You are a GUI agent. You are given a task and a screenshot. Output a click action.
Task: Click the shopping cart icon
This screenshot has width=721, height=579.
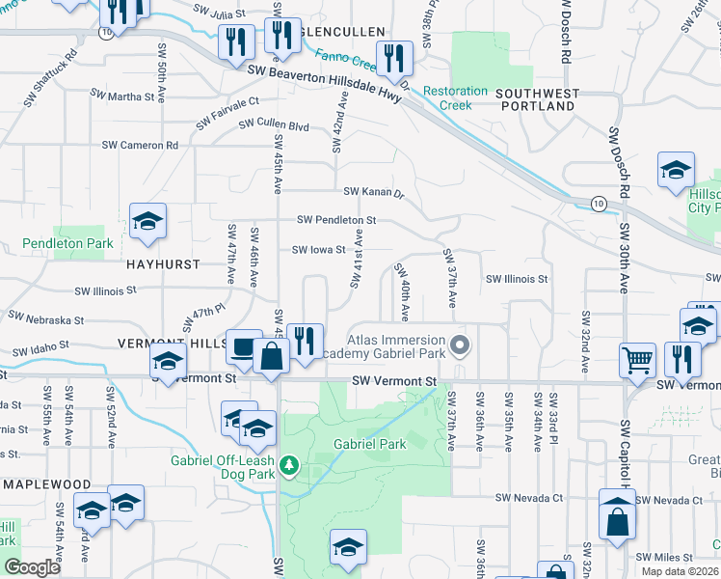click(x=637, y=361)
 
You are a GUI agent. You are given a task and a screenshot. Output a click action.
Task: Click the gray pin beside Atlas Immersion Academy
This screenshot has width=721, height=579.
click(x=461, y=345)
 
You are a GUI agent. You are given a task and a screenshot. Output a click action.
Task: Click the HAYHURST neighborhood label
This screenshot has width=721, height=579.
click(x=161, y=263)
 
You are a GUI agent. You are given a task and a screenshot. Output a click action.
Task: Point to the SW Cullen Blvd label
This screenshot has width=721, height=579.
click(x=274, y=125)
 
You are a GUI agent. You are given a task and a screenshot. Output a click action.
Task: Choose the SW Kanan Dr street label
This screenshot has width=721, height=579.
click(x=371, y=192)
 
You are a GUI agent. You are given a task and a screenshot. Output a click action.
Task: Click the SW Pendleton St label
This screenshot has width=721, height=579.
click(x=335, y=220)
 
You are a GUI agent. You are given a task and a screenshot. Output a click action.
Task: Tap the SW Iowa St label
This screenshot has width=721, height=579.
click(x=318, y=250)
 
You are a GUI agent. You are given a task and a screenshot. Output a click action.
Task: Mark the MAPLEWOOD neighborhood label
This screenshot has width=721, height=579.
click(x=47, y=483)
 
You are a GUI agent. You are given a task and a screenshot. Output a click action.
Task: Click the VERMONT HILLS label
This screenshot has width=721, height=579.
click(x=164, y=344)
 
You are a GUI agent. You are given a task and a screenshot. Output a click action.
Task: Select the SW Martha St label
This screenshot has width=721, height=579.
click(x=123, y=96)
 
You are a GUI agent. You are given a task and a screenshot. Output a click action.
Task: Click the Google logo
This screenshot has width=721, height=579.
click(x=32, y=567)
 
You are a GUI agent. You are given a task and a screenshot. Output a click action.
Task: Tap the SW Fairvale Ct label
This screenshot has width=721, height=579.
click(x=227, y=112)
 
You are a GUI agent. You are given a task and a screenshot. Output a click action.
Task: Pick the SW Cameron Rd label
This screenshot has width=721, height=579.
click(x=141, y=145)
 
